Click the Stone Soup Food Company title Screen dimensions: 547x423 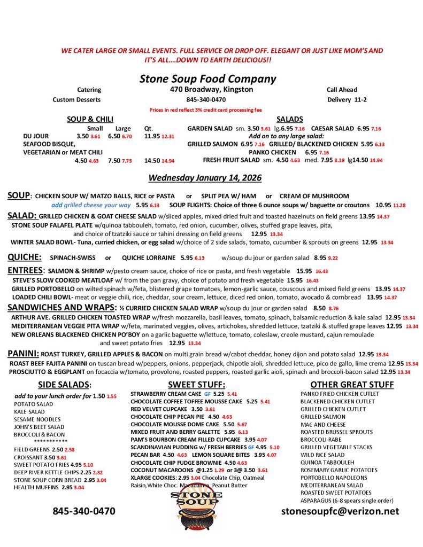coord(207,79)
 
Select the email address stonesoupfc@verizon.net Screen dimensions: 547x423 coord(340,511)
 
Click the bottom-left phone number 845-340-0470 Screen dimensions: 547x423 coord(83,511)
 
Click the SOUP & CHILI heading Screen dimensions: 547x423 coord(90,119)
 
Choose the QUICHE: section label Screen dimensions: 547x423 coord(24,257)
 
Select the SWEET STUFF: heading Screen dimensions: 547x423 coord(196,385)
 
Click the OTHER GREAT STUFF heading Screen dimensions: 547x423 coord(352,385)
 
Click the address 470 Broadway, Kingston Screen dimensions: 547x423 coord(211,89)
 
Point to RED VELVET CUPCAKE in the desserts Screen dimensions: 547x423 coord(159,409)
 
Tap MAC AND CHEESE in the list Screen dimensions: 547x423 coord(323,425)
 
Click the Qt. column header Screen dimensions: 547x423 coord(149,128)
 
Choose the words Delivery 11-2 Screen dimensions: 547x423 coord(345,99)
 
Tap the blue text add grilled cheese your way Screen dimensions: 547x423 coord(91,205)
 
